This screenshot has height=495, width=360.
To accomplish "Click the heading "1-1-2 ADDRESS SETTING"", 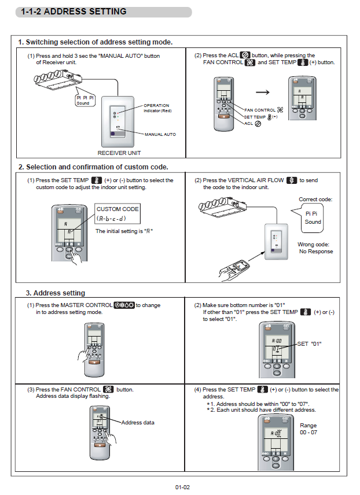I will click(74, 12).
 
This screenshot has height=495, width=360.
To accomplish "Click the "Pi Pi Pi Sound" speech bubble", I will click(85, 100).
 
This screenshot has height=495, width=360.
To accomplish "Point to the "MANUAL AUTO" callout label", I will click(160, 134).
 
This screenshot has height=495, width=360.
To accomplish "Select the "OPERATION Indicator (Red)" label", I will click(157, 108).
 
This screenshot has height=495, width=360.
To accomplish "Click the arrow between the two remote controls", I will click(263, 92).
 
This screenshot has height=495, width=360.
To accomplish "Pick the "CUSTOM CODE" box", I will click(117, 213).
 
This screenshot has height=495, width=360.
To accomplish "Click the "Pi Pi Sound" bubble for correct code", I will click(313, 217).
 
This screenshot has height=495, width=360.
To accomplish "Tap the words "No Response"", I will click(316, 252).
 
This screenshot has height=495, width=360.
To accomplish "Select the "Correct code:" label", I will click(315, 200).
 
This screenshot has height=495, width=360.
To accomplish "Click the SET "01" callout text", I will click(309, 344).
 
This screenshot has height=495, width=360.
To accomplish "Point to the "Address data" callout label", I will click(138, 422).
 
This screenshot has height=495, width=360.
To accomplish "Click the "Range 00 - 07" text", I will click(308, 429).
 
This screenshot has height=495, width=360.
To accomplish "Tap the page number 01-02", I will click(182, 487).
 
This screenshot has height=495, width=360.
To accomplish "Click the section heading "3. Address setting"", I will click(55, 293).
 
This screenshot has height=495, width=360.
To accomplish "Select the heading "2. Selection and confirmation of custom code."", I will click(93, 167).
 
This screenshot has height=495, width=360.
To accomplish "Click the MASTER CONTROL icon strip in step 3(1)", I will click(124, 305).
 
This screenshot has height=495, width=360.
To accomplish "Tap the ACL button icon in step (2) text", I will click(244, 56).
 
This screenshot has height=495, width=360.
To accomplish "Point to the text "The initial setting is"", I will click(119, 231).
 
